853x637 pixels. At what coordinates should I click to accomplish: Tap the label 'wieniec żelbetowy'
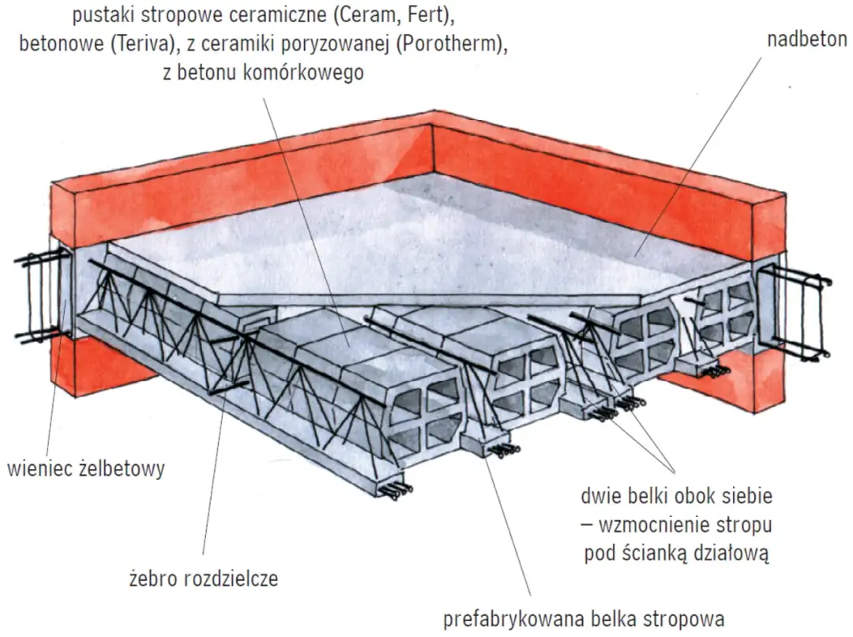pos(85,469)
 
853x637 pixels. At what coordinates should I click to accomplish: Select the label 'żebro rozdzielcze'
pos(203,579)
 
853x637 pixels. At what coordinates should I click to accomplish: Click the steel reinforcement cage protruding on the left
pos(37,296)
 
